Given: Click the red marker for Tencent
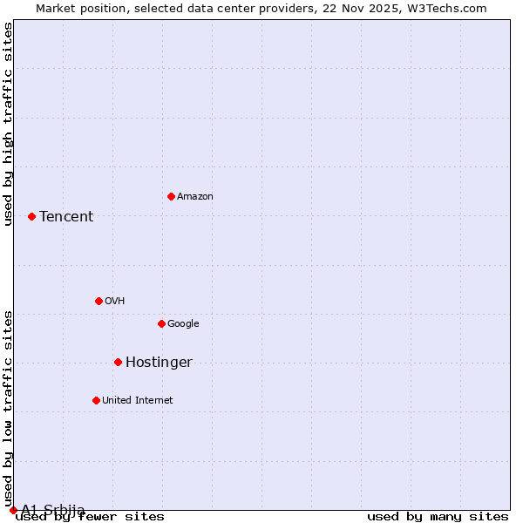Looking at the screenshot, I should pos(31,216).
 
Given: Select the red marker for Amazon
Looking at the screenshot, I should pos(171,196).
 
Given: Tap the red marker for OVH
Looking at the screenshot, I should pos(98,301).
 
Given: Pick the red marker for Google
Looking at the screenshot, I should pos(161,323).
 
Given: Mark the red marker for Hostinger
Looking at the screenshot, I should pos(118,362).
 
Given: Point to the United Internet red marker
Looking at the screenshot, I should pos(96,400).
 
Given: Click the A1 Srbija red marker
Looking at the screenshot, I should pos(13,510).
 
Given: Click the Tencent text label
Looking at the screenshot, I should pos(66,217).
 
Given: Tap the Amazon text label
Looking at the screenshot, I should pos(195,197).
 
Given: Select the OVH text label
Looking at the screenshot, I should pos(115,302).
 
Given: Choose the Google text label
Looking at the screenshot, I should pos(183,324).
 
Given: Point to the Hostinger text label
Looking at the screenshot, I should pos(159,363).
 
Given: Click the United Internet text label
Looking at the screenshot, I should pos(138,401).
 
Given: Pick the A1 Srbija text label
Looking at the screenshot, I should pos(53,510).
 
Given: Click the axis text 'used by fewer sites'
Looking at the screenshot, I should pos(90,517).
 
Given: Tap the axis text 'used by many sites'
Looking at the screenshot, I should pos(438,517).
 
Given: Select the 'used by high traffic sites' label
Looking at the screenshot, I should pos(9,124).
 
